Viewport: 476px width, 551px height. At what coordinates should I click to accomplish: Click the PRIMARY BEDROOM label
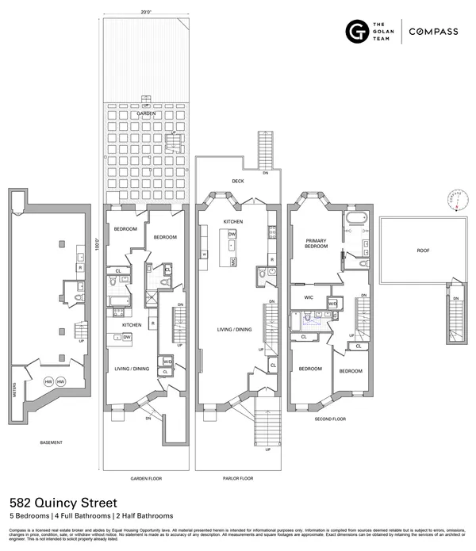coord(317,242)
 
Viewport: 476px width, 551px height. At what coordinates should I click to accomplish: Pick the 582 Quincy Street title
coord(63,503)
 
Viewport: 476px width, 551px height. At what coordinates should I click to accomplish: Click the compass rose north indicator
coord(455,197)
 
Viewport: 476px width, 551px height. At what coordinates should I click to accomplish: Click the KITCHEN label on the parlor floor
coord(232,221)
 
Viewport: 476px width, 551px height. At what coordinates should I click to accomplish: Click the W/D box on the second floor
coord(332,304)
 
